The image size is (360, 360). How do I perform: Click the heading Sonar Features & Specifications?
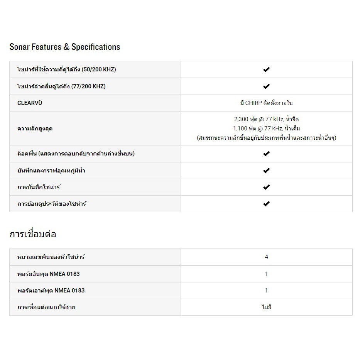(x=65, y=47)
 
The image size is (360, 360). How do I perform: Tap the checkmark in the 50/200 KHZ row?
(x=266, y=69)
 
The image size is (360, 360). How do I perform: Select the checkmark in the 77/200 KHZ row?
(x=266, y=86)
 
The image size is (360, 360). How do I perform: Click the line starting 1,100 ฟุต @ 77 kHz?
(x=266, y=128)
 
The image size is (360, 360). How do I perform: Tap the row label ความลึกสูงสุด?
(x=35, y=128)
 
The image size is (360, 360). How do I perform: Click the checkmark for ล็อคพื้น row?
(x=266, y=154)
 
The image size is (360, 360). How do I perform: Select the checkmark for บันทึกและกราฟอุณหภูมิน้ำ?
(x=266, y=171)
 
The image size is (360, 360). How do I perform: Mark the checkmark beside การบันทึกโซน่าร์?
(x=266, y=187)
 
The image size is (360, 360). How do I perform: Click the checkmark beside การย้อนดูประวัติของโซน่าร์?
(x=266, y=204)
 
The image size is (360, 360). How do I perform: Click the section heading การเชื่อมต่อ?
(x=33, y=234)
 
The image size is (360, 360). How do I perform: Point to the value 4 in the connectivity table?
(x=266, y=257)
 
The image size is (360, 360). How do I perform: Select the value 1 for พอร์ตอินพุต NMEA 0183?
(x=266, y=274)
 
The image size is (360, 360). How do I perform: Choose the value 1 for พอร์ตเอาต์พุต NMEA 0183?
(x=266, y=291)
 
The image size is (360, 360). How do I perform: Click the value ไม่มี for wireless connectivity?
(x=266, y=308)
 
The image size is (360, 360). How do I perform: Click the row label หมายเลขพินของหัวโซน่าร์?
(x=51, y=257)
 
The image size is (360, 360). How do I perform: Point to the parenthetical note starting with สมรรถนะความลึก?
(x=266, y=137)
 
